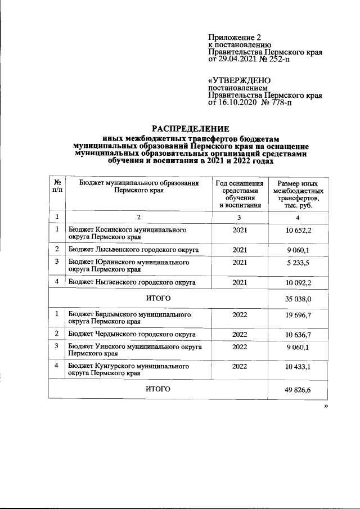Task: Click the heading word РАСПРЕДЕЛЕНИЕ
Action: [x=190, y=128]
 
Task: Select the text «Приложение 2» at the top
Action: [x=231, y=37]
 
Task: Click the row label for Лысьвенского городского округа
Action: [x=132, y=249]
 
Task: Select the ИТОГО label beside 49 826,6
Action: [x=158, y=389]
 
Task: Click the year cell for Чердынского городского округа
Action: [x=239, y=334]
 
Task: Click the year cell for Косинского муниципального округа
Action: [x=239, y=231]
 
